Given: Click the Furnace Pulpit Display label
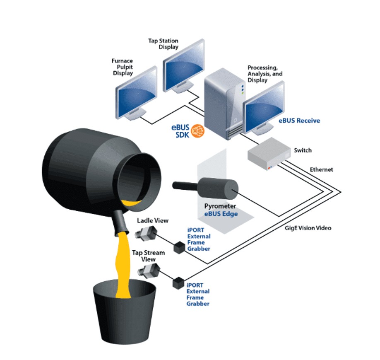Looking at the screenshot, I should (x=122, y=67).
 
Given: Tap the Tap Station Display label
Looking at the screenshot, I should (x=163, y=43).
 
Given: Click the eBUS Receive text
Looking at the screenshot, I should (x=298, y=121).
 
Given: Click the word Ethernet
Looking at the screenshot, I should (x=321, y=169).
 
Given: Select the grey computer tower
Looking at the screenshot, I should (x=224, y=104).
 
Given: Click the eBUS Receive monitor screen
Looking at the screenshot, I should (x=265, y=106).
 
